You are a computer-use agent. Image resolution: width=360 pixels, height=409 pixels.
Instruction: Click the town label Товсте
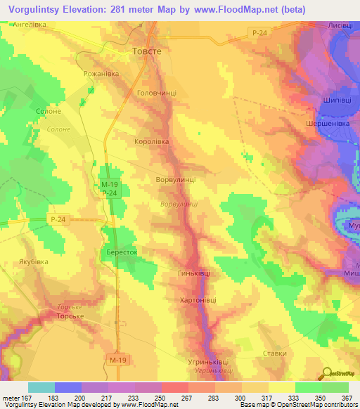point(147,51)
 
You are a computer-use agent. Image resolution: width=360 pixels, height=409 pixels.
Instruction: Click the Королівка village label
point(152,141)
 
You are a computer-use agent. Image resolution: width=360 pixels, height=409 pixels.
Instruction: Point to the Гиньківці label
point(194,273)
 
